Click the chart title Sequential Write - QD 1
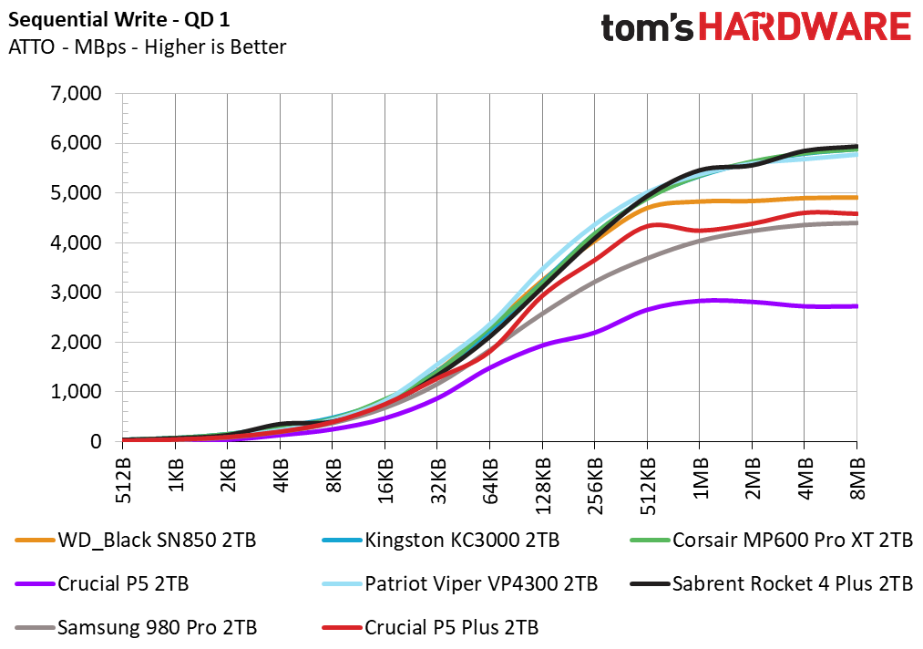119,20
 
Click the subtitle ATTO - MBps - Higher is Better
148,47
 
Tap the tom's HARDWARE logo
756,27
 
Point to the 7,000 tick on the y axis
76,93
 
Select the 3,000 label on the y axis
76,292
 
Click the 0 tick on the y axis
96,441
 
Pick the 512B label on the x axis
123,480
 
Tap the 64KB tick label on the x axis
490,481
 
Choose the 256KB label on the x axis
595,486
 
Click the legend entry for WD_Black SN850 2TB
136,540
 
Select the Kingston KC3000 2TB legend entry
441,540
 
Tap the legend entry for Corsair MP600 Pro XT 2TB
771,540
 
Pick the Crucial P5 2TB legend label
102,583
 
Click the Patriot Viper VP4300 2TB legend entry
460,583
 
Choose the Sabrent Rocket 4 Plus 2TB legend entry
771,583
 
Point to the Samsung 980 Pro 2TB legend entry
136,627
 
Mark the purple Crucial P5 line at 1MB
700,301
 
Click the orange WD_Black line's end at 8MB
856,197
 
